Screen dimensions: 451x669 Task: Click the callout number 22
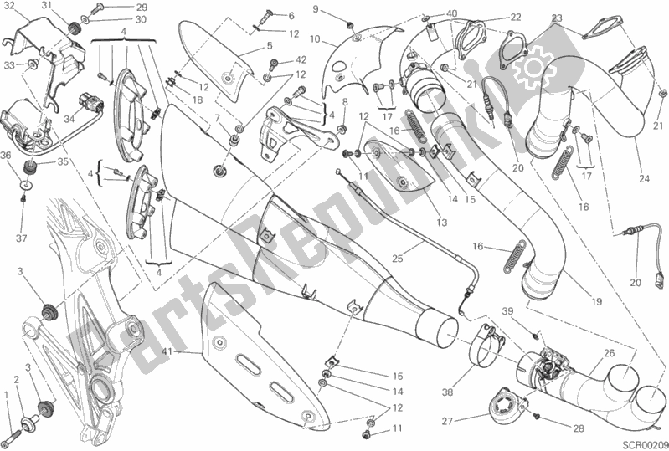click(515, 17)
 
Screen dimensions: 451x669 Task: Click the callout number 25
click(397, 259)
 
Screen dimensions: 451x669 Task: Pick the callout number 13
click(440, 223)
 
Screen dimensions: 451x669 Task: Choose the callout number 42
click(301, 60)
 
